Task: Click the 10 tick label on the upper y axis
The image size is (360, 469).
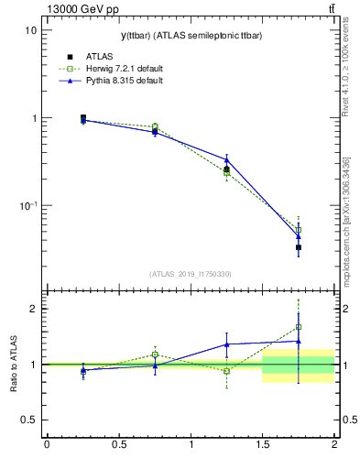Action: pyautogui.click(x=30, y=29)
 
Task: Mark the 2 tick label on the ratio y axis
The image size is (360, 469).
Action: pyautogui.click(x=32, y=309)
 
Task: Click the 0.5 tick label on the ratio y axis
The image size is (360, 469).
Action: pyautogui.click(x=27, y=420)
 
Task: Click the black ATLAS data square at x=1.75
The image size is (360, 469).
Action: pyautogui.click(x=299, y=247)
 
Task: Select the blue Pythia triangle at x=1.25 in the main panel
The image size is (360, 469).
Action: pyautogui.click(x=227, y=159)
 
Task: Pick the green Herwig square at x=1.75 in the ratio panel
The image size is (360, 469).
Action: pyautogui.click(x=299, y=327)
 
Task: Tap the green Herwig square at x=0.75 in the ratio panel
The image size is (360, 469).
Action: pyautogui.click(x=155, y=354)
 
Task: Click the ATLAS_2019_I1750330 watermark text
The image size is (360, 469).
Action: pyautogui.click(x=191, y=274)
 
